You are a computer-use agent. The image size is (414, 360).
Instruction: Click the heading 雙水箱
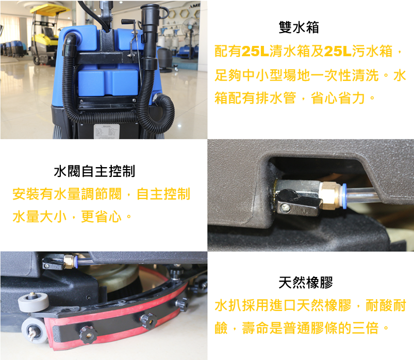[299, 27]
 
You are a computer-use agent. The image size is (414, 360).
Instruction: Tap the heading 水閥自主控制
[94, 171]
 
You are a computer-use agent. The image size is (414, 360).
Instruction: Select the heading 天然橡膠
[306, 283]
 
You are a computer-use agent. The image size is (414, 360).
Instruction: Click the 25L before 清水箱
[255, 51]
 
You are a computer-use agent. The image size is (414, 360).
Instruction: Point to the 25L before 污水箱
[338, 51]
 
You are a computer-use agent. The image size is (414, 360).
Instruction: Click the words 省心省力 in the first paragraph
[338, 99]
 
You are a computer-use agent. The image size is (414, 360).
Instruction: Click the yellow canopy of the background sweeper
[49, 9]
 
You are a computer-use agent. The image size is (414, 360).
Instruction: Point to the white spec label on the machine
[107, 131]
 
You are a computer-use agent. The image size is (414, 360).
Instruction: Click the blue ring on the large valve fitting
[344, 195]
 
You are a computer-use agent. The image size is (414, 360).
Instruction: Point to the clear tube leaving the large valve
[362, 194]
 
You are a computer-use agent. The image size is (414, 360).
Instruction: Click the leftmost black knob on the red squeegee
[88, 335]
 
